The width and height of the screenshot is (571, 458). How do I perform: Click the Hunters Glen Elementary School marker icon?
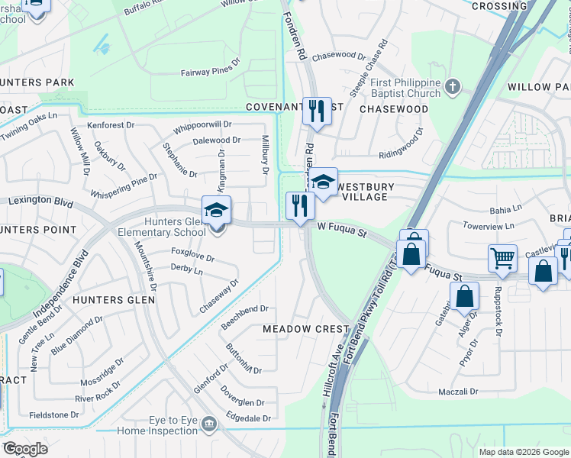point(216,209)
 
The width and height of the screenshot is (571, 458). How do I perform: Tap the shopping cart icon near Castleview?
point(503,258)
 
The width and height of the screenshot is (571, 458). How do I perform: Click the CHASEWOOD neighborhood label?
point(393,109)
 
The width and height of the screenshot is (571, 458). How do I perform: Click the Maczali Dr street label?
point(458,392)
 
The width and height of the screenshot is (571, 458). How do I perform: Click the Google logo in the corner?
point(24,449)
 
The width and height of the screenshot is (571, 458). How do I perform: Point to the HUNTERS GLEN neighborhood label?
point(114,300)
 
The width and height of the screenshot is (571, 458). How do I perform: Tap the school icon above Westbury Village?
point(324,182)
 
